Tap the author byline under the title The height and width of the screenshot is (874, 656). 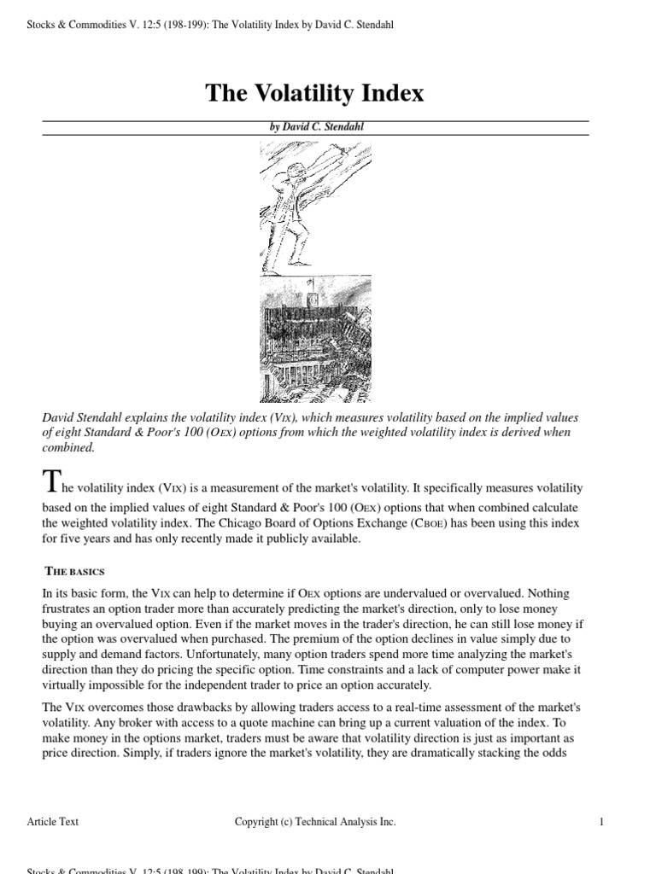tap(315, 127)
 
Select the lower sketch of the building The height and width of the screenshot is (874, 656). tap(315, 339)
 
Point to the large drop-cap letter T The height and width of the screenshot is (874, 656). tap(51, 482)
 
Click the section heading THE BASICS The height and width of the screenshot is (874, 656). tap(74, 571)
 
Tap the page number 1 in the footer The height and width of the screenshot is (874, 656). tap(602, 822)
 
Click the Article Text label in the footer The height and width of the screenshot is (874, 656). tap(53, 822)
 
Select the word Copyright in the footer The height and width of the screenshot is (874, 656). tap(256, 822)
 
